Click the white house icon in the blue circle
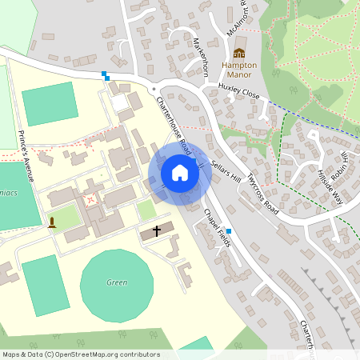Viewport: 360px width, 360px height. pos(180,173)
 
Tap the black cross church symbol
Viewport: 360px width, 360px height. pos(156,231)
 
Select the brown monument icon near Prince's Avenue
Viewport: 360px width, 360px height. pos(52,222)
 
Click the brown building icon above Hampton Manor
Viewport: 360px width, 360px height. pos(239,53)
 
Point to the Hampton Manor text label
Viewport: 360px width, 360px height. pos(239,70)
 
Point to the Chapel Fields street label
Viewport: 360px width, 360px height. pos(217,227)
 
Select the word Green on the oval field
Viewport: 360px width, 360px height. pos(117,282)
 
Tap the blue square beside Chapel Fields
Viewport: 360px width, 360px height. pos(230,230)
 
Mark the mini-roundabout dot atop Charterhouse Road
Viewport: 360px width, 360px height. pos(152,89)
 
